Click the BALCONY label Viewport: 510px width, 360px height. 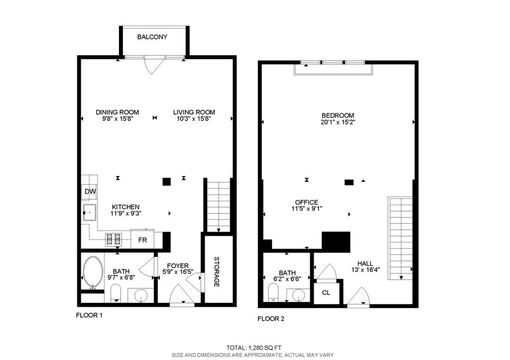click(152, 37)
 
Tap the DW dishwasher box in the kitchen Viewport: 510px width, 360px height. click(90, 192)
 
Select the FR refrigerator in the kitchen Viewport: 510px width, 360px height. click(142, 240)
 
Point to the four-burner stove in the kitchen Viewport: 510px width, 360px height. click(113, 240)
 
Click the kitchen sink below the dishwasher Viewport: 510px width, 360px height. click(90, 212)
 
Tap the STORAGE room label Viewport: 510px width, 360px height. click(217, 271)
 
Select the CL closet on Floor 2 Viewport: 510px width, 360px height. click(326, 293)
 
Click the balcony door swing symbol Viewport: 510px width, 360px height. click(153, 65)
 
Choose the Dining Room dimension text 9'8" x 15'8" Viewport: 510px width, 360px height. click(118, 119)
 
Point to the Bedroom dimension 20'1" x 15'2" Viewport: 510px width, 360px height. click(338, 122)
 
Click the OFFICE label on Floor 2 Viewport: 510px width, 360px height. click(306, 202)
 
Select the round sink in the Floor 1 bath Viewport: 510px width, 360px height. click(141, 296)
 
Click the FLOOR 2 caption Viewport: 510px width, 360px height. click(271, 319)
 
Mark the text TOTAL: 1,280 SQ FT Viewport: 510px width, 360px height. click(254, 348)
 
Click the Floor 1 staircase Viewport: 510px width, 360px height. click(219, 207)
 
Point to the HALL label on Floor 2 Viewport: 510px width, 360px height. click(365, 263)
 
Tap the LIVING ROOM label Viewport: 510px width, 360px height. click(194, 112)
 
